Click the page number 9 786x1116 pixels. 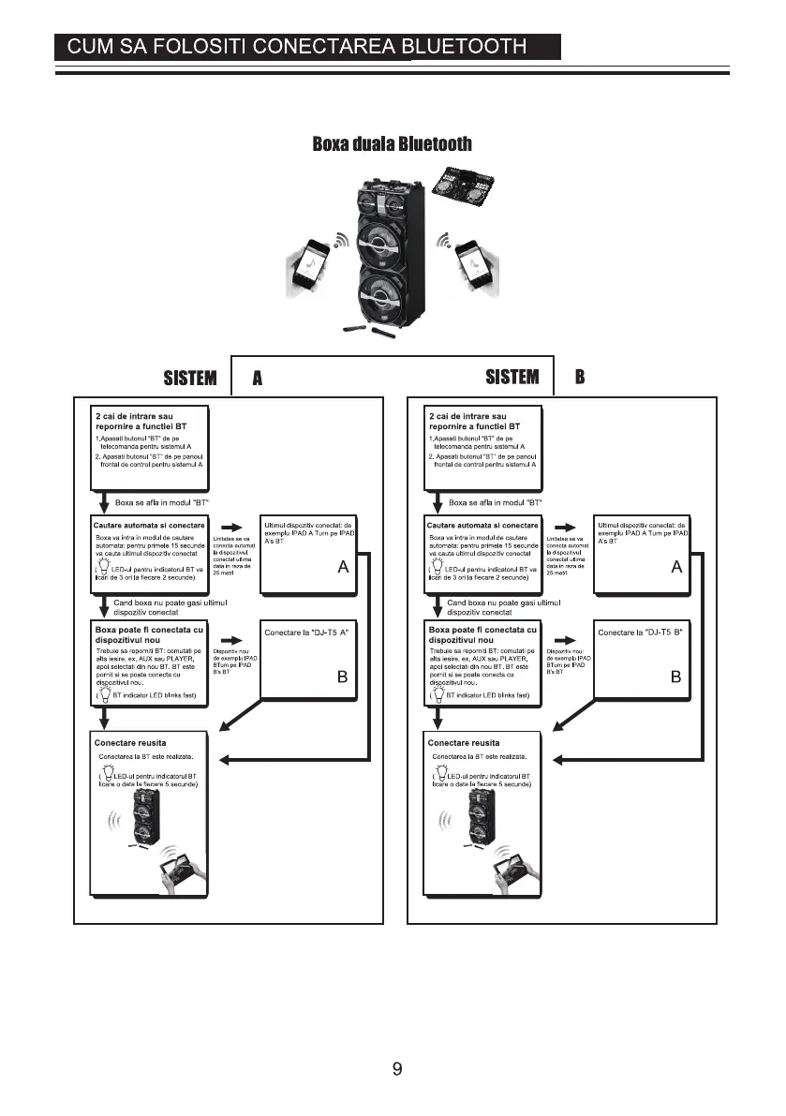(397, 1068)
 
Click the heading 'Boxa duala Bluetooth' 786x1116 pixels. (392, 144)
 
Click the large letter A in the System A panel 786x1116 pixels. (343, 568)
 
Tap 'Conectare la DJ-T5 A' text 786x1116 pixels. (306, 633)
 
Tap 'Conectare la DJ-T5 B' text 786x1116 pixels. (640, 633)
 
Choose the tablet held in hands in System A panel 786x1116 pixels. (181, 870)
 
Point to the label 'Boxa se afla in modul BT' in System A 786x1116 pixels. (162, 502)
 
